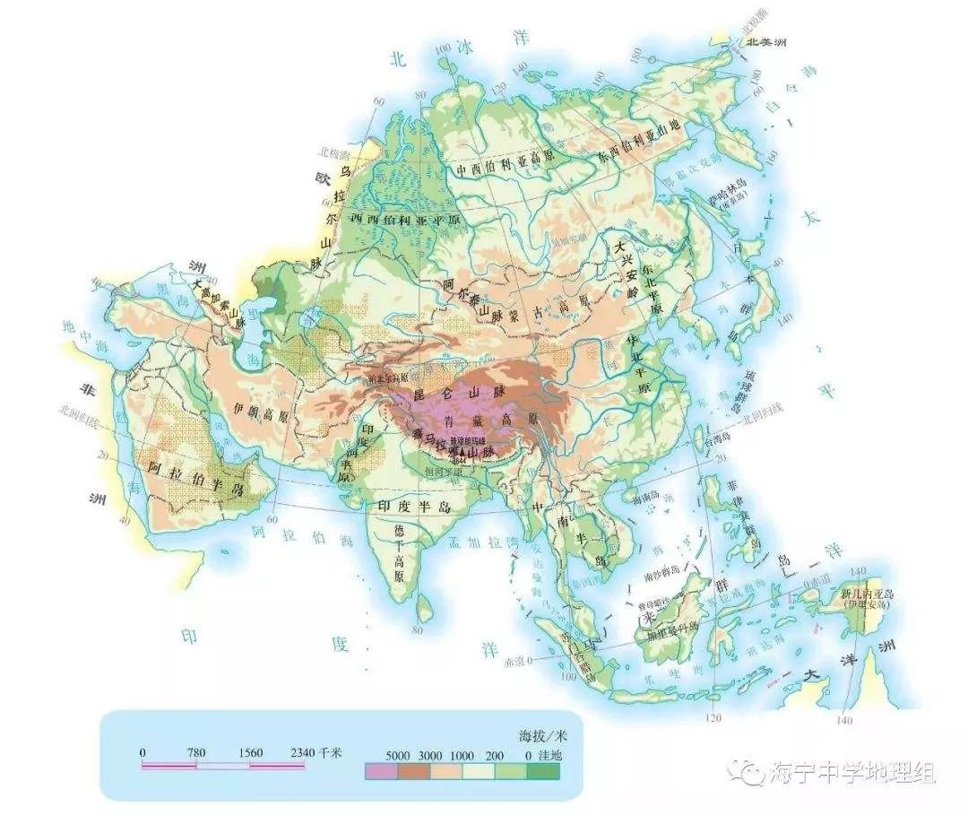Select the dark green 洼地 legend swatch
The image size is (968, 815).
coord(543,770)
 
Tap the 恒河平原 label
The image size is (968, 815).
coord(445,472)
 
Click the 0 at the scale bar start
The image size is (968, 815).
coord(143,752)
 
